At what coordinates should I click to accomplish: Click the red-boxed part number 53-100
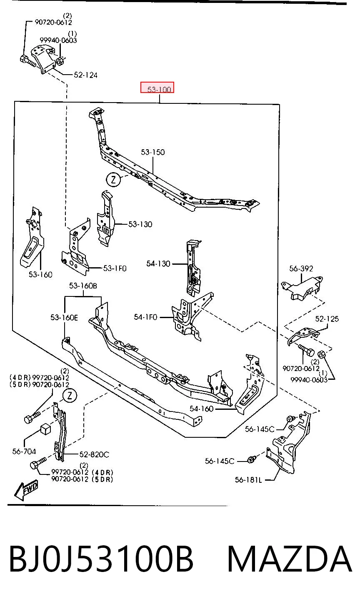tap(159, 89)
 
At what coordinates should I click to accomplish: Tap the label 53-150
tap(153, 152)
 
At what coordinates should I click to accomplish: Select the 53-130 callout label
tap(140, 224)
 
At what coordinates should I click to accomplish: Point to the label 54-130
tap(158, 263)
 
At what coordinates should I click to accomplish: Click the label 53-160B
tap(83, 286)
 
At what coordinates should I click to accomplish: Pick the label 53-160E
tap(64, 317)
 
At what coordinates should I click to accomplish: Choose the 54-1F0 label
tap(145, 317)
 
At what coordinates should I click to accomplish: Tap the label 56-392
tap(301, 268)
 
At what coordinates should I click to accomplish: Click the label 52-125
tap(327, 319)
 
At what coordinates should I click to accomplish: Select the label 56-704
tap(24, 451)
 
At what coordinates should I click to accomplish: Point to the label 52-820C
tap(94, 454)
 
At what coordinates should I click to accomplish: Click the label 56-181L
tap(248, 480)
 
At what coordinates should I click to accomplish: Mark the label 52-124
tap(85, 75)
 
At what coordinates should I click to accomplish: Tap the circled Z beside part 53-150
tap(113, 179)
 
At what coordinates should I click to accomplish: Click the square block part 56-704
tap(46, 430)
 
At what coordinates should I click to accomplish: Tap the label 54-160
tap(202, 409)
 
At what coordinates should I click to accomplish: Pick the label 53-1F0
tap(115, 268)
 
